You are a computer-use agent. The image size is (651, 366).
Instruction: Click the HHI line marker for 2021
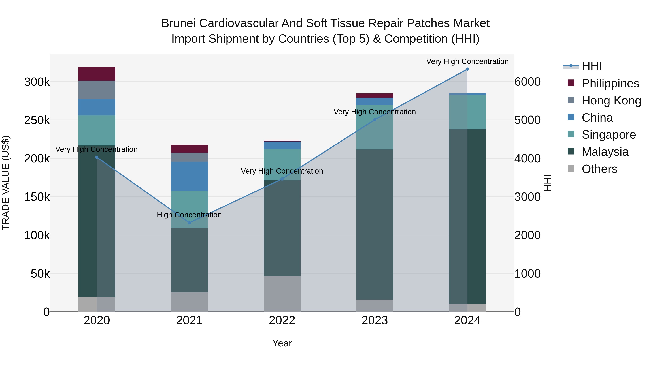tap(189, 222)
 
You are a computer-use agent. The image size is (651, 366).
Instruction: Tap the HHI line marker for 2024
tap(467, 69)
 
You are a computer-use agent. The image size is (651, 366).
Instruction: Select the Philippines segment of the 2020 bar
tap(97, 74)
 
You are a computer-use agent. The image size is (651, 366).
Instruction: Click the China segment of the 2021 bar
tap(189, 176)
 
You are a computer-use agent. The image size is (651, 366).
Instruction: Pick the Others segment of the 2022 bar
tap(282, 294)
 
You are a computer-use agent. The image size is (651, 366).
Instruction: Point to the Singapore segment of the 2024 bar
tap(467, 112)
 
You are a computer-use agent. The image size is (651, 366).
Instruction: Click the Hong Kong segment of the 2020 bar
tap(97, 90)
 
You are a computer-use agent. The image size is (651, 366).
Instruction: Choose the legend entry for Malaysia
tap(605, 152)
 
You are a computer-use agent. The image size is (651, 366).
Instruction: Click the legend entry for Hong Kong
tap(611, 100)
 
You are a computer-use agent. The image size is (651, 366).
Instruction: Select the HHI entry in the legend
tap(591, 66)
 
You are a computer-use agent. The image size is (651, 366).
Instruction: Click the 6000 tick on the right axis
tap(527, 82)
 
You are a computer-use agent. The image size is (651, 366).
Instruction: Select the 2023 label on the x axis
tap(375, 320)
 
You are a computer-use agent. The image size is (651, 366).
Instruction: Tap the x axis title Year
tap(282, 343)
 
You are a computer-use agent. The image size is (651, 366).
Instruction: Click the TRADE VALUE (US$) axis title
tap(6, 183)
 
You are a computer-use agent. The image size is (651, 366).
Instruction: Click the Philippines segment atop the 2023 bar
tap(375, 95)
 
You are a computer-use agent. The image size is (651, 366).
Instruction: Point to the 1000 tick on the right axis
tap(527, 274)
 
